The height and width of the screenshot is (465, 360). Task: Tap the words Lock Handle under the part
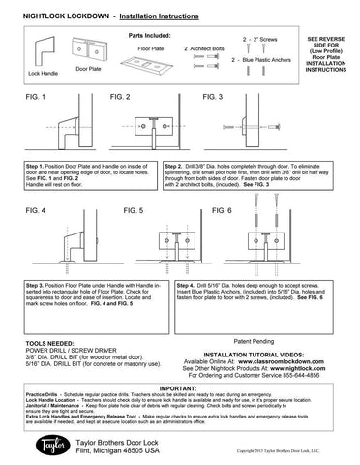point(45,72)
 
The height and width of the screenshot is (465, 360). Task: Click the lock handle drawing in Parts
point(41,50)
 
